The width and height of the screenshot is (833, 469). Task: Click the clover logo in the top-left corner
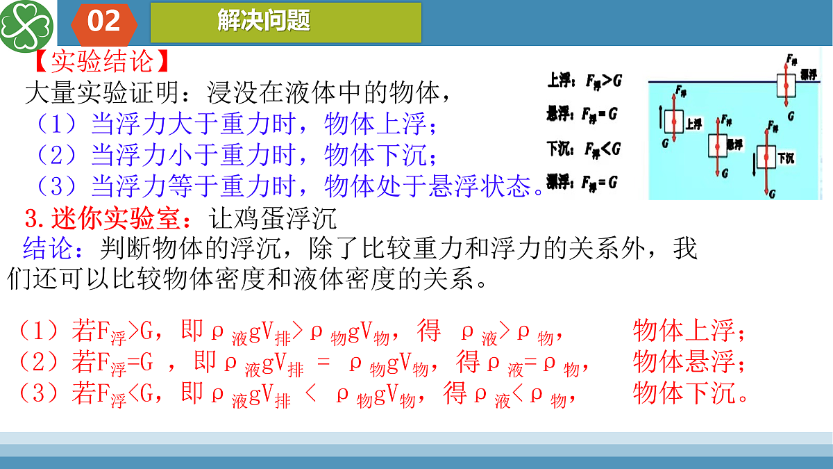[x=27, y=27]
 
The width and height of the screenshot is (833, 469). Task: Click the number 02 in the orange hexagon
[x=104, y=22]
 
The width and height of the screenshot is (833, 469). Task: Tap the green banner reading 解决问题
[x=285, y=22]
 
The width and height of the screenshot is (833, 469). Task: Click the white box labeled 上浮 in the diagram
[x=673, y=122]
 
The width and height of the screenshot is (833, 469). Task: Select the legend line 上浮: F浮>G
[x=584, y=81]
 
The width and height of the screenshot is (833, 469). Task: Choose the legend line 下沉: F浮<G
[x=583, y=149]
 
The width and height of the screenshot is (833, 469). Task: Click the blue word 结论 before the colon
[x=48, y=248]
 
